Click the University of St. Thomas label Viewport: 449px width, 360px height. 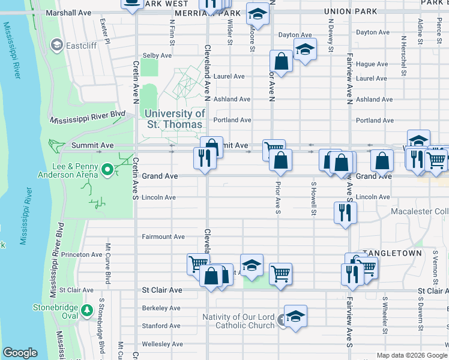coord(176,119)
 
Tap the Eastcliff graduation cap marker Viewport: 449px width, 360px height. coord(57,44)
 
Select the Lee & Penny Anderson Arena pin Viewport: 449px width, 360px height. coord(107,170)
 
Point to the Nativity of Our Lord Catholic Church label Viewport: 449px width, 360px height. coord(238,321)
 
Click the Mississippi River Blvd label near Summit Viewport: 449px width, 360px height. coord(88,115)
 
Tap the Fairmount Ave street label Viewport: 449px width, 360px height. coord(163,237)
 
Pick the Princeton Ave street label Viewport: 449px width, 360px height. coord(83,254)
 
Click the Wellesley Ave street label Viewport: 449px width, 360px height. coord(162,344)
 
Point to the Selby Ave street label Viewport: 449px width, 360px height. coord(157,55)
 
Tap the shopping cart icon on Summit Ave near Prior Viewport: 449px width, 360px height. coord(274,149)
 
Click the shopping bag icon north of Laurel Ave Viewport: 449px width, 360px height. coord(281,61)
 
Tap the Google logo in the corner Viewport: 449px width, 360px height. coord(19,353)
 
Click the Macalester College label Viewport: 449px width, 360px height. coord(420,212)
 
